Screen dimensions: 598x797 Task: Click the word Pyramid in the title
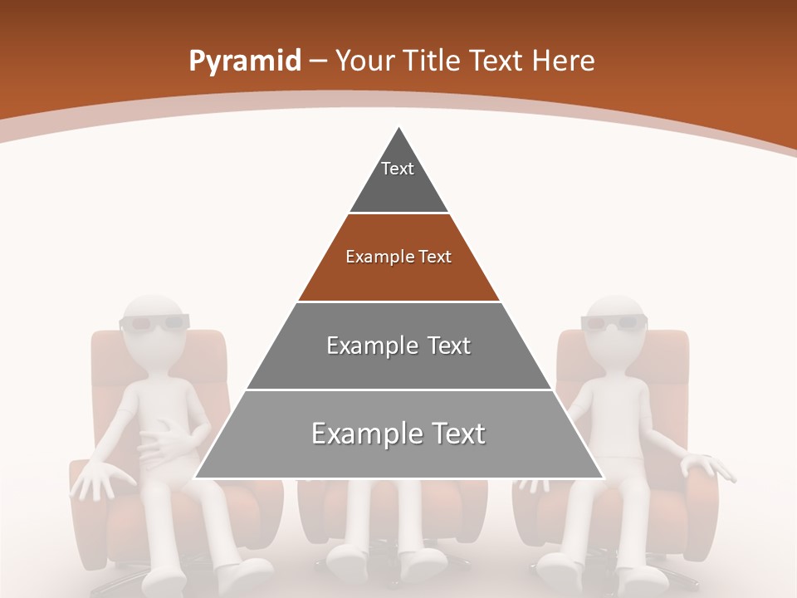click(244, 61)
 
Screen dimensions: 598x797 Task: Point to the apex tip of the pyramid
click(399, 130)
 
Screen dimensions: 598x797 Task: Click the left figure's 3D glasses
click(155, 322)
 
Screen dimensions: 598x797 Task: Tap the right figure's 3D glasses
click(614, 322)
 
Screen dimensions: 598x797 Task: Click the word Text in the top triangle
click(398, 169)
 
